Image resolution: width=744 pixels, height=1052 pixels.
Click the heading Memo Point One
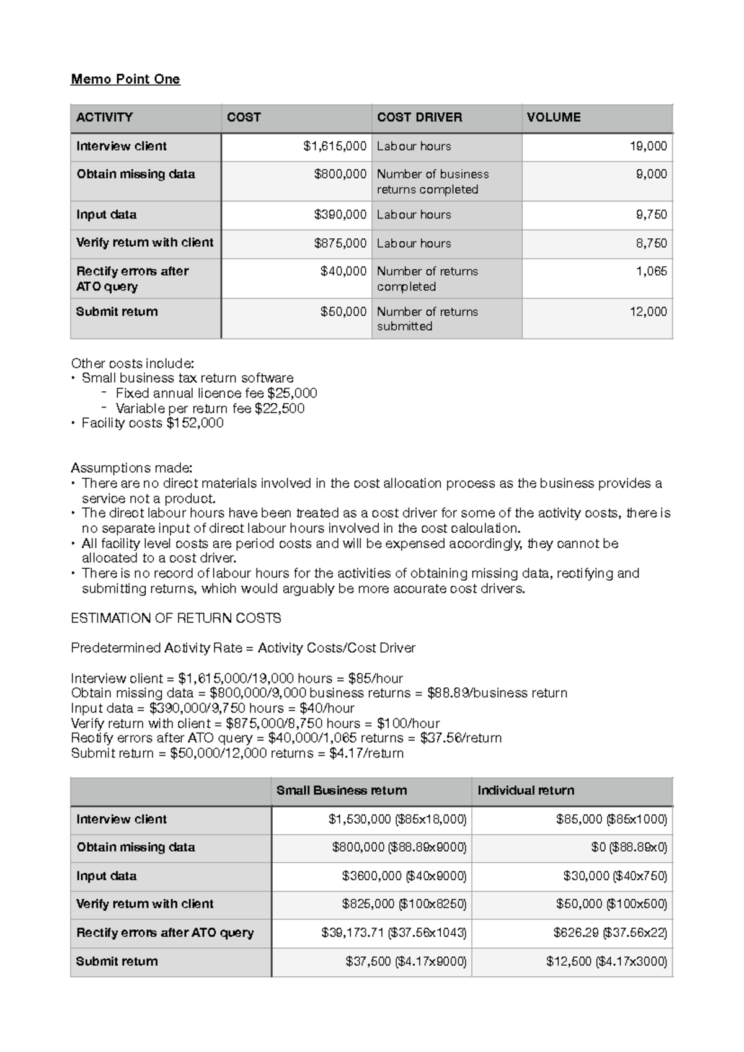125,79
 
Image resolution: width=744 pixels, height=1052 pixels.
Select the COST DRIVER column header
419,117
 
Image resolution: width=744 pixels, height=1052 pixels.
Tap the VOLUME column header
553,117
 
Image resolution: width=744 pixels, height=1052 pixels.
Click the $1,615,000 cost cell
335,146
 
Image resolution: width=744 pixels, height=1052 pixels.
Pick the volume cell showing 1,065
651,271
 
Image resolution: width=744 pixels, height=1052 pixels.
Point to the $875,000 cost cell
340,243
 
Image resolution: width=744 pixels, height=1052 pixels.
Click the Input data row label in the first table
107,215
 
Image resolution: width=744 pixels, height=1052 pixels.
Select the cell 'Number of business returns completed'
433,181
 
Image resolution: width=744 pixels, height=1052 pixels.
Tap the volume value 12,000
648,311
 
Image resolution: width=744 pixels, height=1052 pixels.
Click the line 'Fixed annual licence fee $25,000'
216,393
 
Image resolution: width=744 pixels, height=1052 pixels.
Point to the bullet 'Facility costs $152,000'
153,423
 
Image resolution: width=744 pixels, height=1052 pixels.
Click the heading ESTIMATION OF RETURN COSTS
176,618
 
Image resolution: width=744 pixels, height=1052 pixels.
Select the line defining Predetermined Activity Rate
243,648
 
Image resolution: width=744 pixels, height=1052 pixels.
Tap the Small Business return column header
342,790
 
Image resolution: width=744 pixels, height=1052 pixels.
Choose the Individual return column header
526,790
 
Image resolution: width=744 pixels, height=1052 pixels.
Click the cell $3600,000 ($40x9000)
404,876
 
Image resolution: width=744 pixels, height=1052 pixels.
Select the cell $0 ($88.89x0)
629,847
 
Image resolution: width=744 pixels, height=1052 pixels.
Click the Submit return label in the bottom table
117,961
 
